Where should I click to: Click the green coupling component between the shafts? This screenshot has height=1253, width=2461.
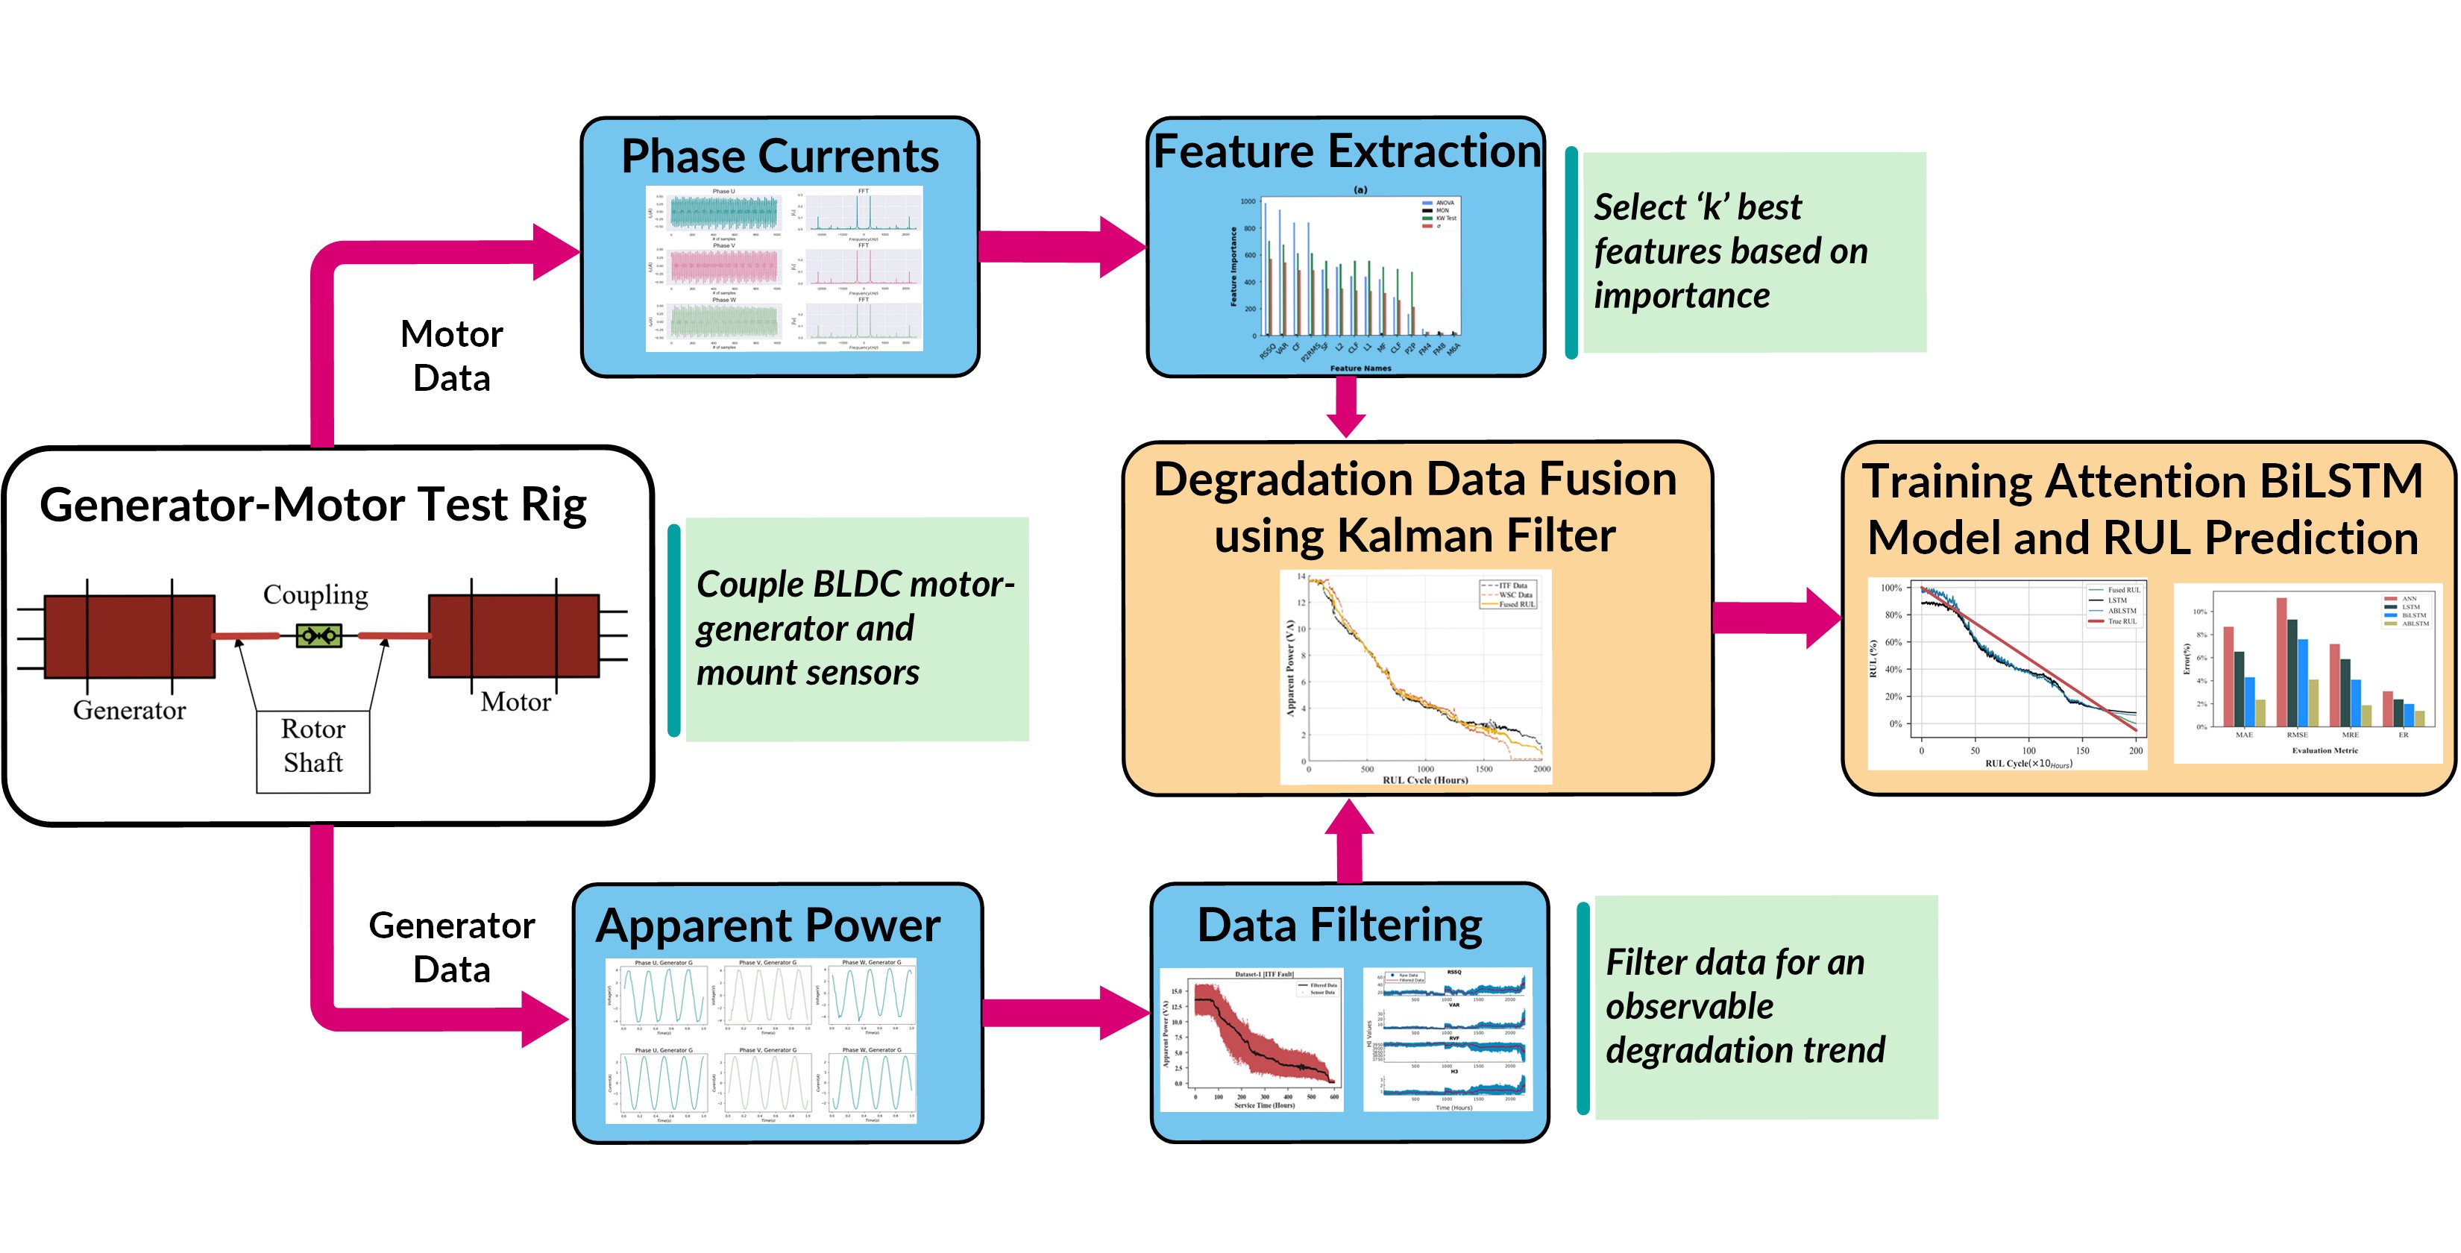pos(318,635)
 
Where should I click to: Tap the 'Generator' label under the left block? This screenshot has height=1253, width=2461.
pos(129,710)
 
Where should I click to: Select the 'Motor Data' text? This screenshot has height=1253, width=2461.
pos(451,356)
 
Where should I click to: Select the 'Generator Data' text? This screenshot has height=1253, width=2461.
pos(451,947)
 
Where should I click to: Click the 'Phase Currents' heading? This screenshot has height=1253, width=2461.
pos(779,156)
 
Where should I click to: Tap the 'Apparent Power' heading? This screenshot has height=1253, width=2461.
pos(768,925)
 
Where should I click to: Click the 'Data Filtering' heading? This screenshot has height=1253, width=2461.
pos(1339,924)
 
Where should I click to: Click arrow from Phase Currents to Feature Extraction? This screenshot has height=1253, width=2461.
pos(1060,247)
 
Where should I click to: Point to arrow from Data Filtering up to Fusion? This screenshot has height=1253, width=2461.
pos(1349,841)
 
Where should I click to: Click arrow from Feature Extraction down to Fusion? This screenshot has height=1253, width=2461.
pos(1346,407)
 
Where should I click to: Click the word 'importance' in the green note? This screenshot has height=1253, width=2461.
pos(1682,296)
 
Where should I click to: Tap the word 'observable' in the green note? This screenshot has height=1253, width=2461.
pos(1689,1006)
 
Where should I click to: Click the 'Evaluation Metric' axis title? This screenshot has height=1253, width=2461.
pos(2325,750)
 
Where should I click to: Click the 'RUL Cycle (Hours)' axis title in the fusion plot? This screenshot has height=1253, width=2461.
pos(1424,780)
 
